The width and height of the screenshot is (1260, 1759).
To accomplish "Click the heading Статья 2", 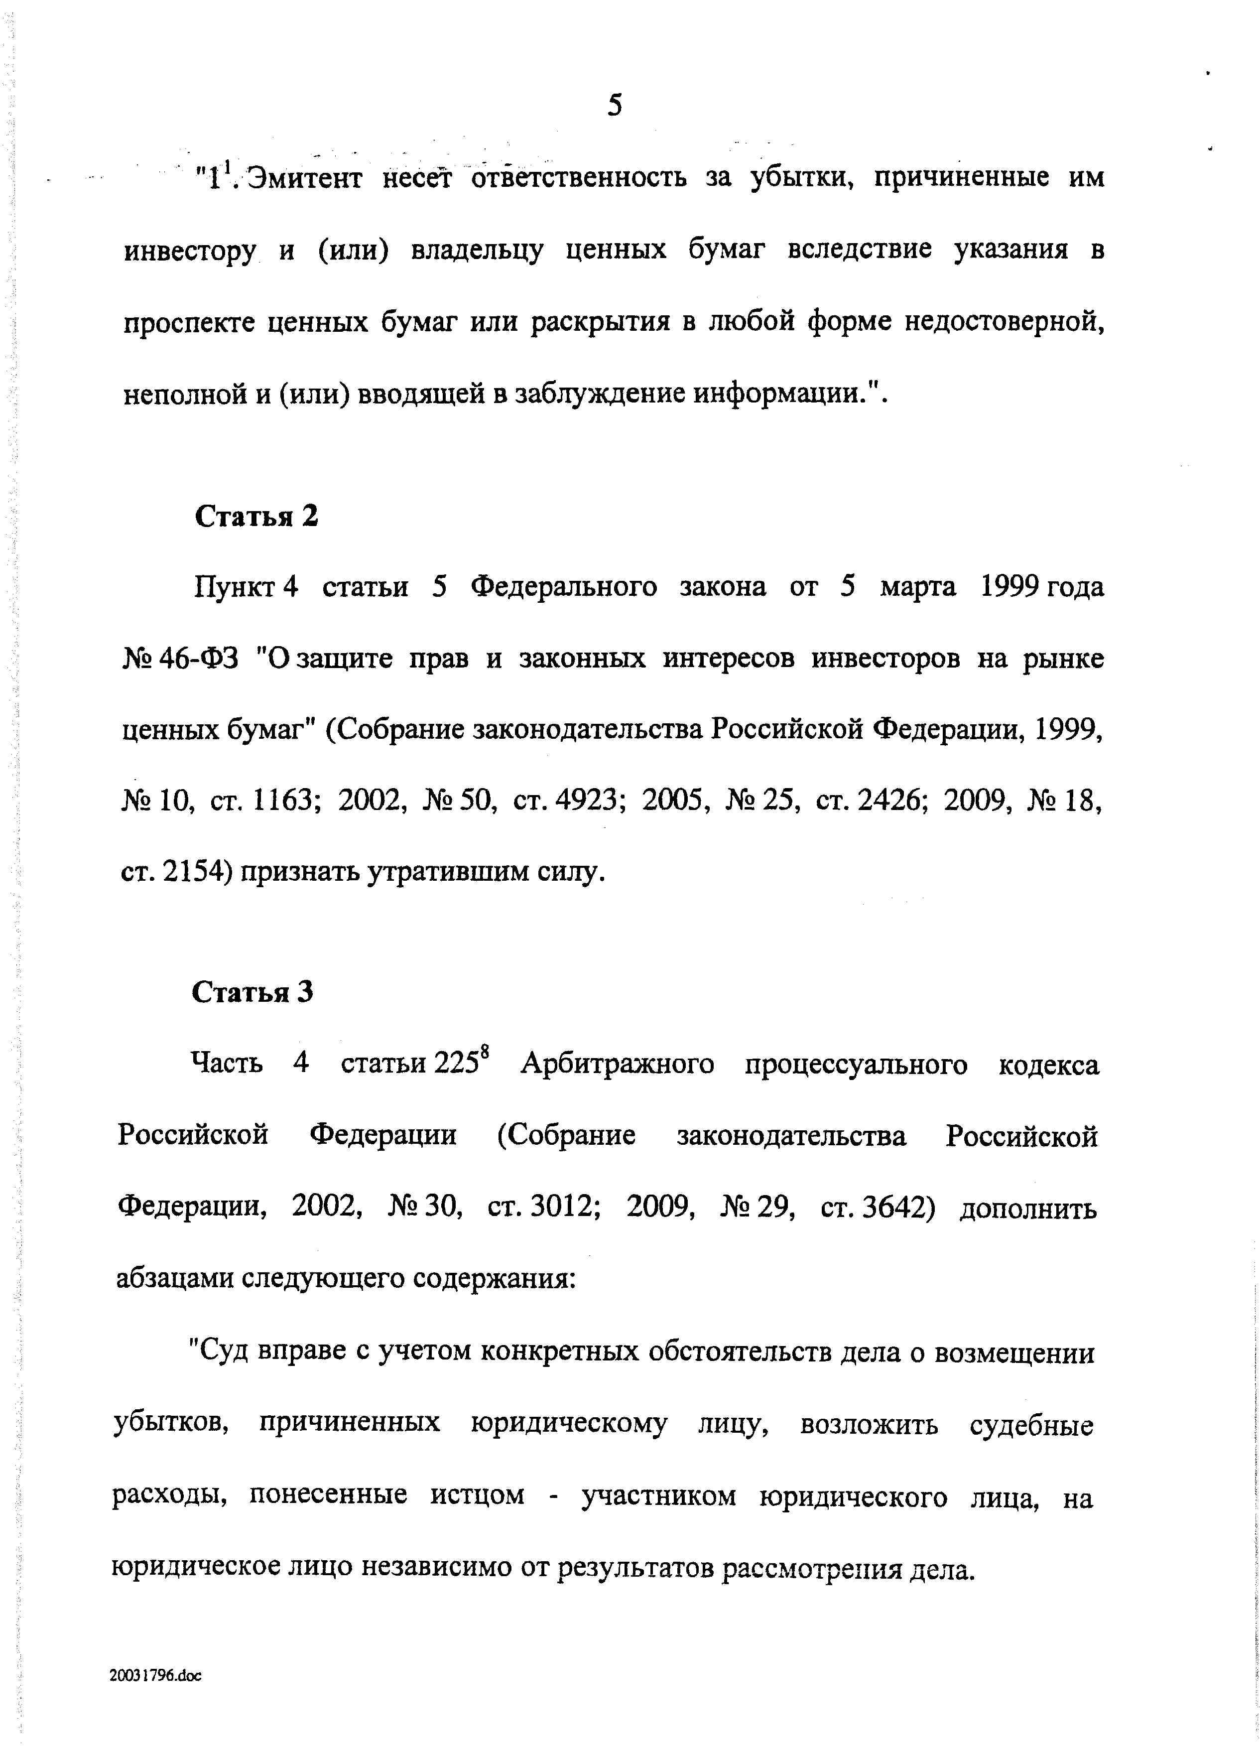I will pos(256,516).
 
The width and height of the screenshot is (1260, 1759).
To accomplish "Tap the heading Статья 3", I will pos(253,992).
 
